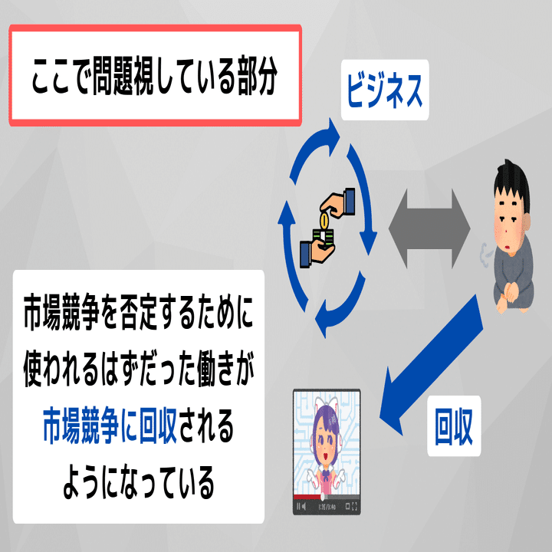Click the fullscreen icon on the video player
tap(354, 507)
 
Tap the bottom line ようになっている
tap(138, 484)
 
